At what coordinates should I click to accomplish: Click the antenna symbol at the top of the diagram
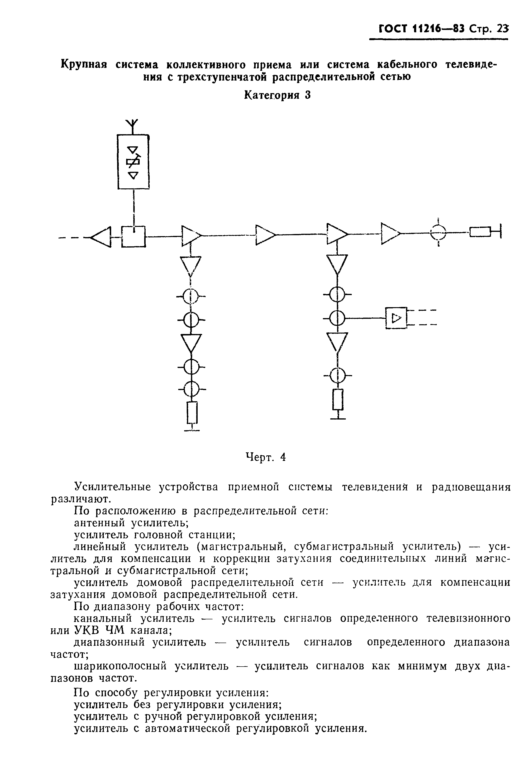coord(133,124)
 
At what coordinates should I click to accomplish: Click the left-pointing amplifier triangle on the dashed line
coord(102,237)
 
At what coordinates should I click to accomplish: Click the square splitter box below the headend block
coord(133,237)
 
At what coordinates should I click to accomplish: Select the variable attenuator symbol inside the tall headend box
coord(133,162)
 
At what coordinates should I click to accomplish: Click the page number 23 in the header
coord(502,29)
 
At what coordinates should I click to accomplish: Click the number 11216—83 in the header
coord(439,29)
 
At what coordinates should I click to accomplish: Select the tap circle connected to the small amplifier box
coord(338,318)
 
